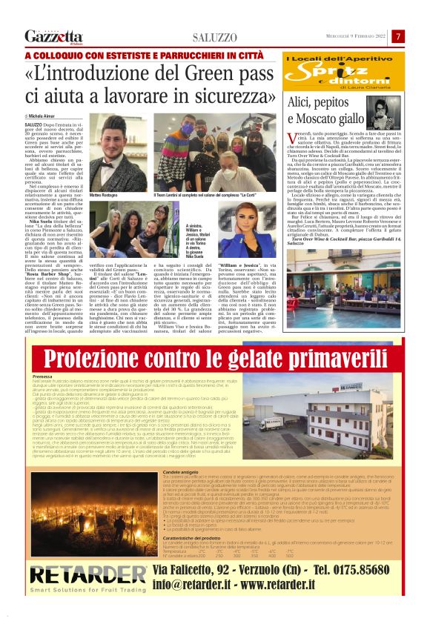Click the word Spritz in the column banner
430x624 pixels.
tap(326, 73)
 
